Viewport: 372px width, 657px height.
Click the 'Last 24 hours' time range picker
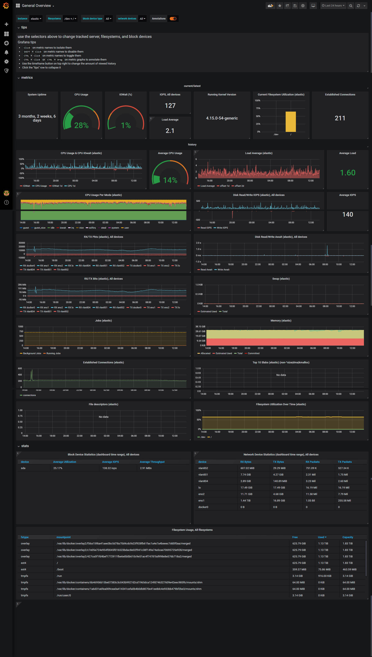333,6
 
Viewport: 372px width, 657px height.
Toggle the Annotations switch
173,19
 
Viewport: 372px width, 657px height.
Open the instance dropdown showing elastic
36,19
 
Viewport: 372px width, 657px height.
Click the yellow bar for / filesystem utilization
291,122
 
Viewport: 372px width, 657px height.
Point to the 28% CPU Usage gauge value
81,125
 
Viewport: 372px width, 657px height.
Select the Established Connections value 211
340,118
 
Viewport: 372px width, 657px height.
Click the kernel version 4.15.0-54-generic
222,118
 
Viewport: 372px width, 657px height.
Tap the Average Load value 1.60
348,173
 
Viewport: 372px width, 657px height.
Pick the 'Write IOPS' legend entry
222,228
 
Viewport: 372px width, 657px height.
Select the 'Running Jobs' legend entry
53,354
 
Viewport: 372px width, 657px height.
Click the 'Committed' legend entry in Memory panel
254,354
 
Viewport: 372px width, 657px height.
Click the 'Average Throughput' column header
152,462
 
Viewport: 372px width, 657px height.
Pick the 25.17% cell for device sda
58,468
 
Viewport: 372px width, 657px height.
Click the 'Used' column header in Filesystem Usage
322,537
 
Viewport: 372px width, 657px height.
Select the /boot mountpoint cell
60,569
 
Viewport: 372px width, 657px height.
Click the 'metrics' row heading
27,78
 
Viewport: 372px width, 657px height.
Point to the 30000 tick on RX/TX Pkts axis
22,243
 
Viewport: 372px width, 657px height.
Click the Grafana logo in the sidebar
6,6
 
